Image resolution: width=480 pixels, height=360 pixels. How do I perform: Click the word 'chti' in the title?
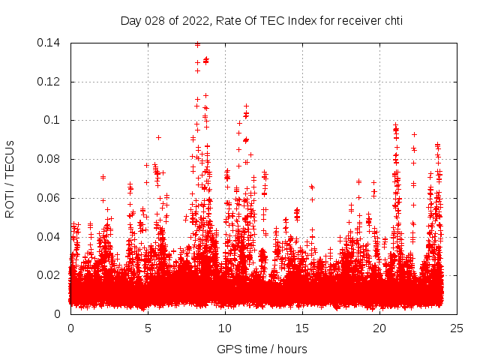(393, 21)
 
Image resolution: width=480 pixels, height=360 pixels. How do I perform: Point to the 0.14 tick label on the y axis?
(49, 43)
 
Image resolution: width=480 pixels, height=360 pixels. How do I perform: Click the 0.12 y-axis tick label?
(49, 82)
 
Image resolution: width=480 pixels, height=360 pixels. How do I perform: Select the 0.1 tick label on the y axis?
(52, 120)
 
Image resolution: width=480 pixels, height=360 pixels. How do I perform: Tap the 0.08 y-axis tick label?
(49, 159)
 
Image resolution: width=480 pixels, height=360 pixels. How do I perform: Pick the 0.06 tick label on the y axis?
(49, 198)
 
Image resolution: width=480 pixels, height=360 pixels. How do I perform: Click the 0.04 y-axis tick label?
(49, 237)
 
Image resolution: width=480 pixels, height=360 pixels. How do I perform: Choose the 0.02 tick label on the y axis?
(49, 275)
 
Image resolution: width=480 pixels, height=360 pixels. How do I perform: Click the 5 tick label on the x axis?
(148, 328)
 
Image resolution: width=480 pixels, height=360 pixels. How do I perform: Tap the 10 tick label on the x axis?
(225, 328)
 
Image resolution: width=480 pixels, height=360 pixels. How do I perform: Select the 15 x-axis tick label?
(302, 328)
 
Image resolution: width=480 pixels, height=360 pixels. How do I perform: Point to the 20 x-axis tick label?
(379, 328)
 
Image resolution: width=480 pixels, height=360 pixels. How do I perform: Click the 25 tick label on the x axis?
(457, 328)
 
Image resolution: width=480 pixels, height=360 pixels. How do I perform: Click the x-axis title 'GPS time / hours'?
(262, 349)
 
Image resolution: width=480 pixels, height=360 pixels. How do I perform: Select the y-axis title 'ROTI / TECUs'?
(10, 178)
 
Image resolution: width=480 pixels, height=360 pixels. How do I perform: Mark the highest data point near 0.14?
(197, 43)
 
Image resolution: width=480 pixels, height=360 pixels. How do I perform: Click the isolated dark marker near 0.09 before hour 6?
(158, 137)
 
